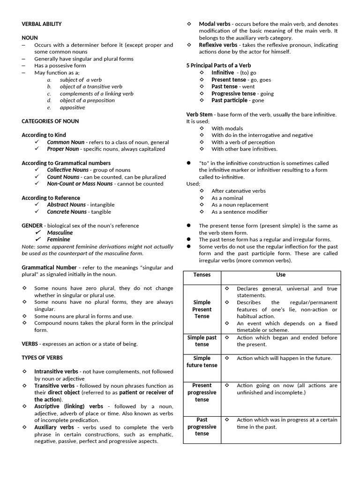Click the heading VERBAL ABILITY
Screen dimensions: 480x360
coord(42,24)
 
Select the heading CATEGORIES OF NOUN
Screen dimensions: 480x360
coord(50,121)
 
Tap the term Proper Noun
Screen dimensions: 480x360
coord(63,149)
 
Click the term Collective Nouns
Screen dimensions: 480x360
coord(67,170)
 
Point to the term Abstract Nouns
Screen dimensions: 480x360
coord(66,204)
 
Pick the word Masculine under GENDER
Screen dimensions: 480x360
coord(60,232)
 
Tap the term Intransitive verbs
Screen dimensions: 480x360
coord(56,372)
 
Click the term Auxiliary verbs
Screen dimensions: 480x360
coord(54,427)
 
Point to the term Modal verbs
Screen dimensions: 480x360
coord(214,24)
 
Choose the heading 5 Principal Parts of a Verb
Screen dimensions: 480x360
coord(218,66)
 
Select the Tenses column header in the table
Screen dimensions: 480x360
coord(202,275)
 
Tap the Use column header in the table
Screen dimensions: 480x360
coord(281,275)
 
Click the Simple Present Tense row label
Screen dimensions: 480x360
coord(202,309)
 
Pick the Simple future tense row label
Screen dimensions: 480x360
coord(202,362)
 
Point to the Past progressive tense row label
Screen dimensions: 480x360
coord(202,427)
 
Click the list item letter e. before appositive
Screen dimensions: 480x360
coord(49,107)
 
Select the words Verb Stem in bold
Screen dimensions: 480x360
coord(199,114)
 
